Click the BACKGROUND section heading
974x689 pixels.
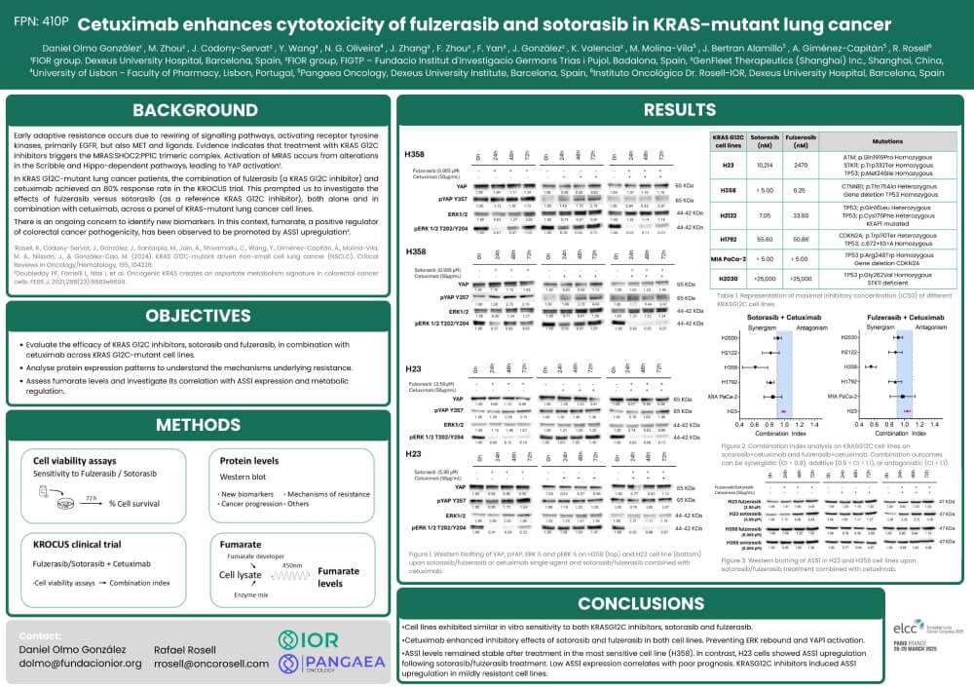[x=196, y=109]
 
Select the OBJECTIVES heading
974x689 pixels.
[x=196, y=316]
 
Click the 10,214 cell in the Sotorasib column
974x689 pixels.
[x=766, y=166]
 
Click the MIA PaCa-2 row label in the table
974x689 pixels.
[x=730, y=258]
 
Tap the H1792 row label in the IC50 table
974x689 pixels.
[x=730, y=237]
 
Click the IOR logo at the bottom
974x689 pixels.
[x=309, y=639]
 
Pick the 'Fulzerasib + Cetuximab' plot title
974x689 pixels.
[x=906, y=318]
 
